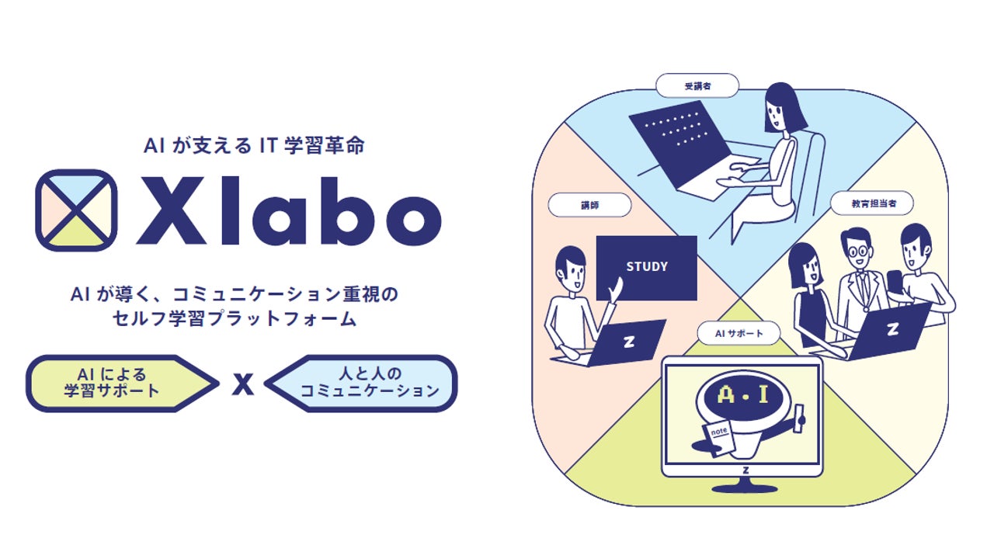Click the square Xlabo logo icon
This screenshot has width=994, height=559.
(77, 210)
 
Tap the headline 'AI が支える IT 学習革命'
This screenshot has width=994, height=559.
(254, 146)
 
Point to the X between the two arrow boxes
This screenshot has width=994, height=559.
(243, 384)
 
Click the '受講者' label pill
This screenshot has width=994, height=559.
(697, 85)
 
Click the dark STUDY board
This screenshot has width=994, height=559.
(646, 267)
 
